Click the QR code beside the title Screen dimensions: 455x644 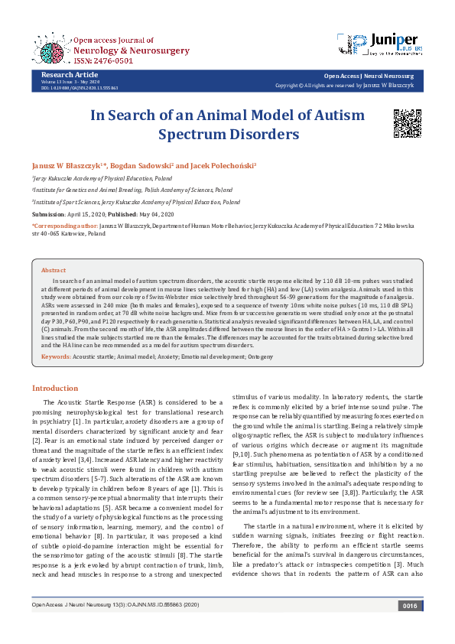tap(407, 123)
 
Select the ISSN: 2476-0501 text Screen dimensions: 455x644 tap(104, 60)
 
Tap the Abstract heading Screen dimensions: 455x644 tap(54, 270)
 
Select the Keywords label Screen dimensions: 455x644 tap(56, 357)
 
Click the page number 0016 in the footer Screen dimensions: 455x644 tap(411, 626)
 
